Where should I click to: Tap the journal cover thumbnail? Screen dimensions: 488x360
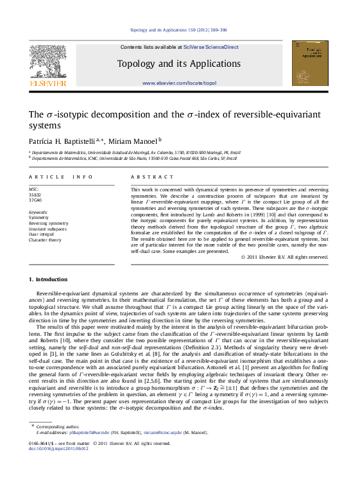[x=309, y=64]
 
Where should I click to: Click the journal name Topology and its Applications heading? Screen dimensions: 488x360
[x=179, y=64]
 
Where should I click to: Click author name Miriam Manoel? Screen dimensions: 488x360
[x=137, y=140]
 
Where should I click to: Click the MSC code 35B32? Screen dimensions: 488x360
[x=34, y=195]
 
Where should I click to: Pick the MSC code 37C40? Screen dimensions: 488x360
[x=34, y=200]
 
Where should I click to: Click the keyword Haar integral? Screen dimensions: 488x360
[x=40, y=234]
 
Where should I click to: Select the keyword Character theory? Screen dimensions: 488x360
[x=45, y=240]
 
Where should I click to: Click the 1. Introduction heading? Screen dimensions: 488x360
[x=48, y=280]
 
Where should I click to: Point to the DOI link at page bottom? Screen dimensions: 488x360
[x=59, y=448]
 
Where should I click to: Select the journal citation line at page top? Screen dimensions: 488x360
[x=178, y=30]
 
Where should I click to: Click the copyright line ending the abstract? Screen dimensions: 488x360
[x=284, y=257]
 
